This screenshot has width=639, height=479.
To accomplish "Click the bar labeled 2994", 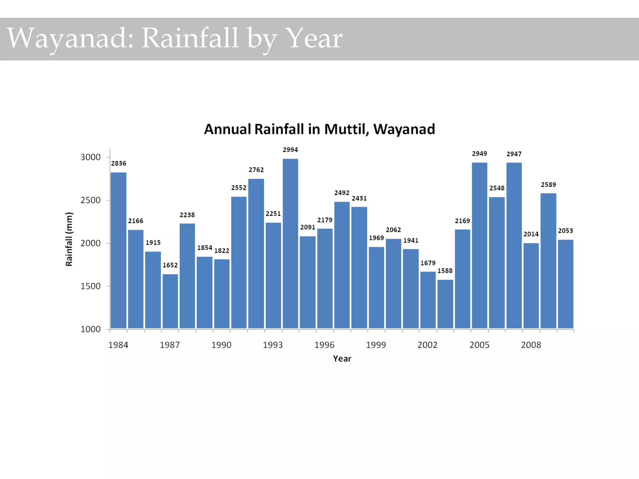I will (290, 243).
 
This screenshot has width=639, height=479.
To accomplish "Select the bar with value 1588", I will (445, 304).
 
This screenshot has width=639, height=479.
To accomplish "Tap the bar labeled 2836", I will (119, 249).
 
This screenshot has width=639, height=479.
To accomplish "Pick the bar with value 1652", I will (170, 301).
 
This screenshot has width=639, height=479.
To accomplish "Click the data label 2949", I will (479, 153).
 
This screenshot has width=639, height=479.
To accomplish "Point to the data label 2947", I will (514, 154).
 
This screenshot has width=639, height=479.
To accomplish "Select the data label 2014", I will (531, 234).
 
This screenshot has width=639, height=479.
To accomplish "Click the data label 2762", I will (256, 170).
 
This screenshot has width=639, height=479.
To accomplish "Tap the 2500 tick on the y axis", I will (90, 200).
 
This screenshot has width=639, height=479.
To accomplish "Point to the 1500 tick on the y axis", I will (90, 286).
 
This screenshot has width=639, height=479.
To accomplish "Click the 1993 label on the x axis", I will (273, 345).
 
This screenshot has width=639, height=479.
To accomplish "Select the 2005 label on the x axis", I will (479, 345).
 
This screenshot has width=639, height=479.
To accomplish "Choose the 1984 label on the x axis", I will (118, 345).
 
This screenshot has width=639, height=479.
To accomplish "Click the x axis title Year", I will (342, 359).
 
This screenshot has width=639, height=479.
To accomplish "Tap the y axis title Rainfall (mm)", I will (69, 239).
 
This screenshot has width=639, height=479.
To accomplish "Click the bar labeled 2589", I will (548, 260).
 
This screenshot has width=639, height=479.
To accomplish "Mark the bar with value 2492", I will (342, 265).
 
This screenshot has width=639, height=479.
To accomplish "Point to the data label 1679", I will (428, 263).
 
